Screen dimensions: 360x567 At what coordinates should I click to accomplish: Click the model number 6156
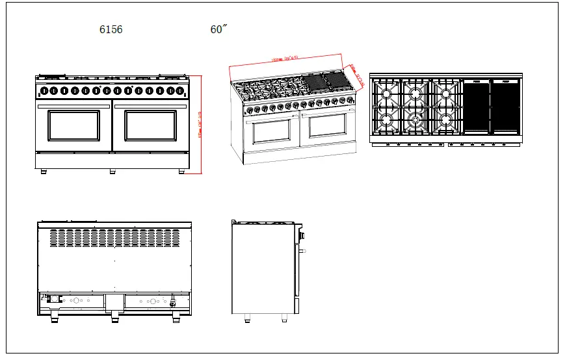(x=111, y=29)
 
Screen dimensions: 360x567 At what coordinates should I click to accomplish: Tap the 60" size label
(x=219, y=29)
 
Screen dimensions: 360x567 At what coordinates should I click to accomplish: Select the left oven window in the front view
(x=74, y=125)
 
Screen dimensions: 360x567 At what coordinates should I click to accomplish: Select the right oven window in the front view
(x=150, y=125)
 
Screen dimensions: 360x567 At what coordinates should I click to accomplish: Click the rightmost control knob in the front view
(x=179, y=90)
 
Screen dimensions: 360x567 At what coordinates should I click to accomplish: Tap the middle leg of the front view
(x=112, y=172)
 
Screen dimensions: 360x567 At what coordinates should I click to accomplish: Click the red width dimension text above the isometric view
(x=284, y=58)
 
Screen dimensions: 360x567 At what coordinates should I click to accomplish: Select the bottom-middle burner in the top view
(x=415, y=120)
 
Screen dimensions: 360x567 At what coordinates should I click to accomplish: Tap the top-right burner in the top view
(x=445, y=93)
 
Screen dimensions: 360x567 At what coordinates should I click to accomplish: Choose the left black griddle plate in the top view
(x=475, y=107)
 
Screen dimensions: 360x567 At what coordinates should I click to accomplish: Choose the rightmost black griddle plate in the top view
(x=505, y=107)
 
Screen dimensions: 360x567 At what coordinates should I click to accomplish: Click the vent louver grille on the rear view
(x=114, y=238)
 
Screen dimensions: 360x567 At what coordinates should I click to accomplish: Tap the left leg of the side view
(x=246, y=318)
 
